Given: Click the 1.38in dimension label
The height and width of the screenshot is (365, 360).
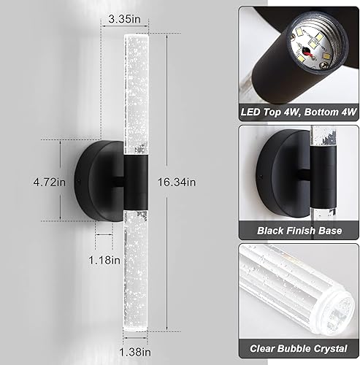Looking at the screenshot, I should (134, 351).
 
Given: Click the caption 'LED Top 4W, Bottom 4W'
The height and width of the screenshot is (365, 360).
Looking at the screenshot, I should (299, 112).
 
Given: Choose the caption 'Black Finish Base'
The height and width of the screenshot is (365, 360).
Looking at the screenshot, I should (299, 231).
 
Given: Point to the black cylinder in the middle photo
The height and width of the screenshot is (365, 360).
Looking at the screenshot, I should (314, 182).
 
